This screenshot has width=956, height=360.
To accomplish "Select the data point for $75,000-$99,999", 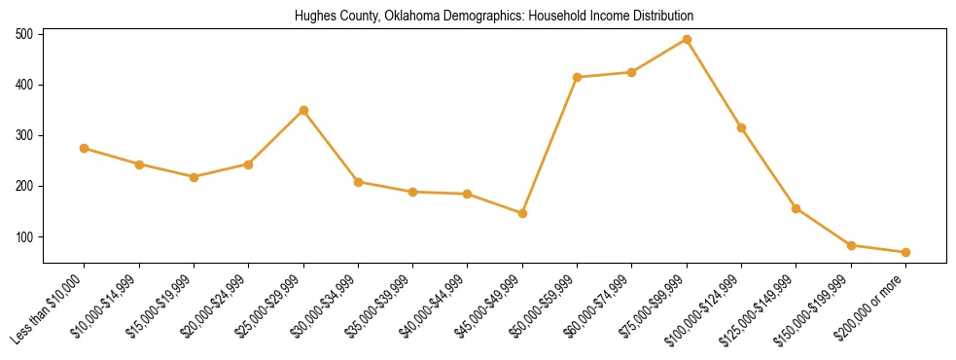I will click(x=687, y=40).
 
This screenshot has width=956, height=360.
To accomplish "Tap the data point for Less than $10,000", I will click(x=85, y=149).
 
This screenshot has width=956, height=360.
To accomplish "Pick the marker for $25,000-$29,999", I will click(x=303, y=111).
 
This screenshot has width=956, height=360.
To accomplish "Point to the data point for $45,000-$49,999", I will click(x=522, y=213).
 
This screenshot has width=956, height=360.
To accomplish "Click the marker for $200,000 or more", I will click(x=905, y=253).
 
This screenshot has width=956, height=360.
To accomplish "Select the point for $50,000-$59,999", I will click(x=578, y=77).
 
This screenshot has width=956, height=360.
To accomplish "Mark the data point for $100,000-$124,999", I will click(x=741, y=127).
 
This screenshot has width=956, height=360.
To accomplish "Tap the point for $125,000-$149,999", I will click(x=797, y=208).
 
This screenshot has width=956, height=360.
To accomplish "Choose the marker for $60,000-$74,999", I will click(x=632, y=72).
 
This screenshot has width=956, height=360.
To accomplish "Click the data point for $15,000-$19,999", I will click(x=194, y=177).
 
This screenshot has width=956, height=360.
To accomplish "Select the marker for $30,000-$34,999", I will click(x=358, y=182).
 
